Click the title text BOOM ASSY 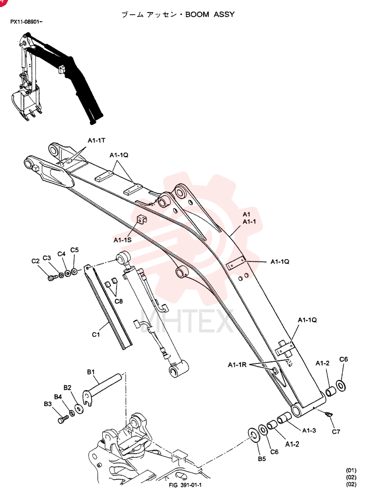[210, 15]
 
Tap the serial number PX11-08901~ [26, 22]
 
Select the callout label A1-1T [96, 141]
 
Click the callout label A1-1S [122, 240]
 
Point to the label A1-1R [237, 365]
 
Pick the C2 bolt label [35, 261]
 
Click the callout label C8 [118, 301]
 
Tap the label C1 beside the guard [96, 335]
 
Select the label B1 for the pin [91, 372]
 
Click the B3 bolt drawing [63, 419]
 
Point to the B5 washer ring [254, 435]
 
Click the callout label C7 [336, 432]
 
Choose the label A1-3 [309, 430]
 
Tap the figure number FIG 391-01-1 [185, 485]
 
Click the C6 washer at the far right [341, 386]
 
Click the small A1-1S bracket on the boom [142, 219]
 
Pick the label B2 [67, 388]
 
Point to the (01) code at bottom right [351, 470]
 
